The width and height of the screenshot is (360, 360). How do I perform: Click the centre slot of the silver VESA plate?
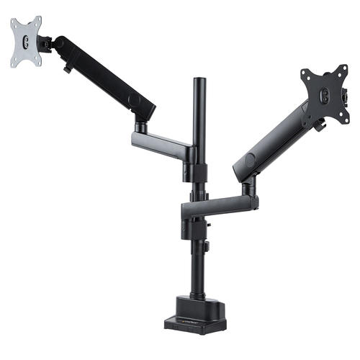[26, 42]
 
